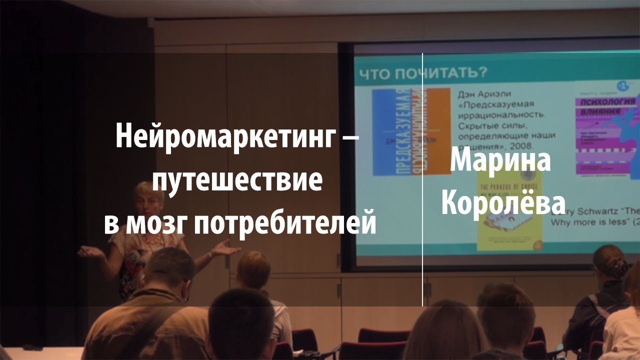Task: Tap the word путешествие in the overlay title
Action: pyautogui.click(x=237, y=180)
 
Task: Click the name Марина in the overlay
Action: pyautogui.click(x=500, y=161)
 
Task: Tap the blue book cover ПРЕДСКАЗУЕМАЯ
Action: pyautogui.click(x=393, y=132)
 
